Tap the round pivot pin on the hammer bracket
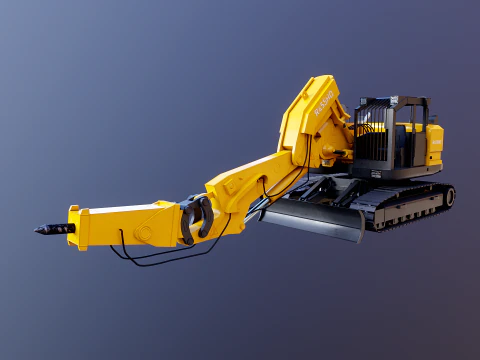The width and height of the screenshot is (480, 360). (144, 233)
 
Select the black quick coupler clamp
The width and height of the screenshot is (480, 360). (197, 217)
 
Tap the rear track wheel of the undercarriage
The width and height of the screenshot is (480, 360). (449, 196)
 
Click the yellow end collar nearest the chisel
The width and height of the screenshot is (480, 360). (73, 228)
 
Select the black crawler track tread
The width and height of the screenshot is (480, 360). (410, 211)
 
